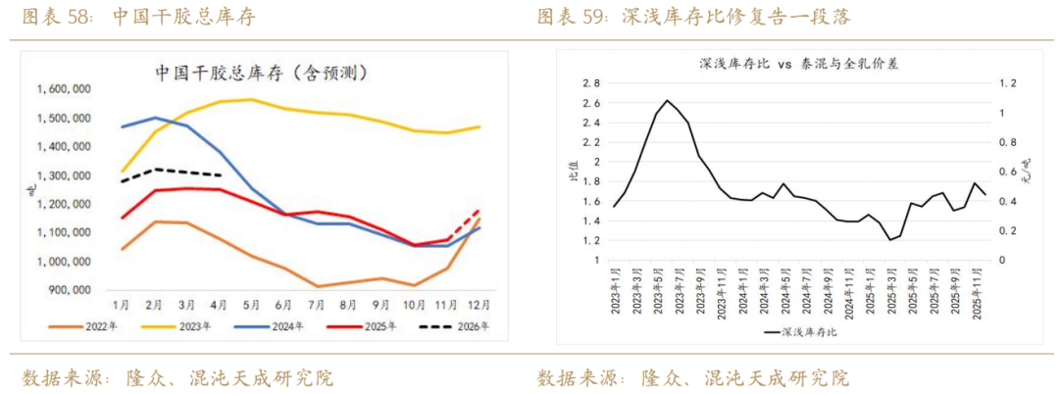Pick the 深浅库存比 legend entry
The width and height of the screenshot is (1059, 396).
pos(799,331)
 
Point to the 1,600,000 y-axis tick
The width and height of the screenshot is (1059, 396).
pos(64,89)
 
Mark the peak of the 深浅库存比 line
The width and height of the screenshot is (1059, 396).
pos(667,100)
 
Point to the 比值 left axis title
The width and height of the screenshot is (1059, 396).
pos(572,176)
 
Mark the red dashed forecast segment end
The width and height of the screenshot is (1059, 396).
pos(478,210)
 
